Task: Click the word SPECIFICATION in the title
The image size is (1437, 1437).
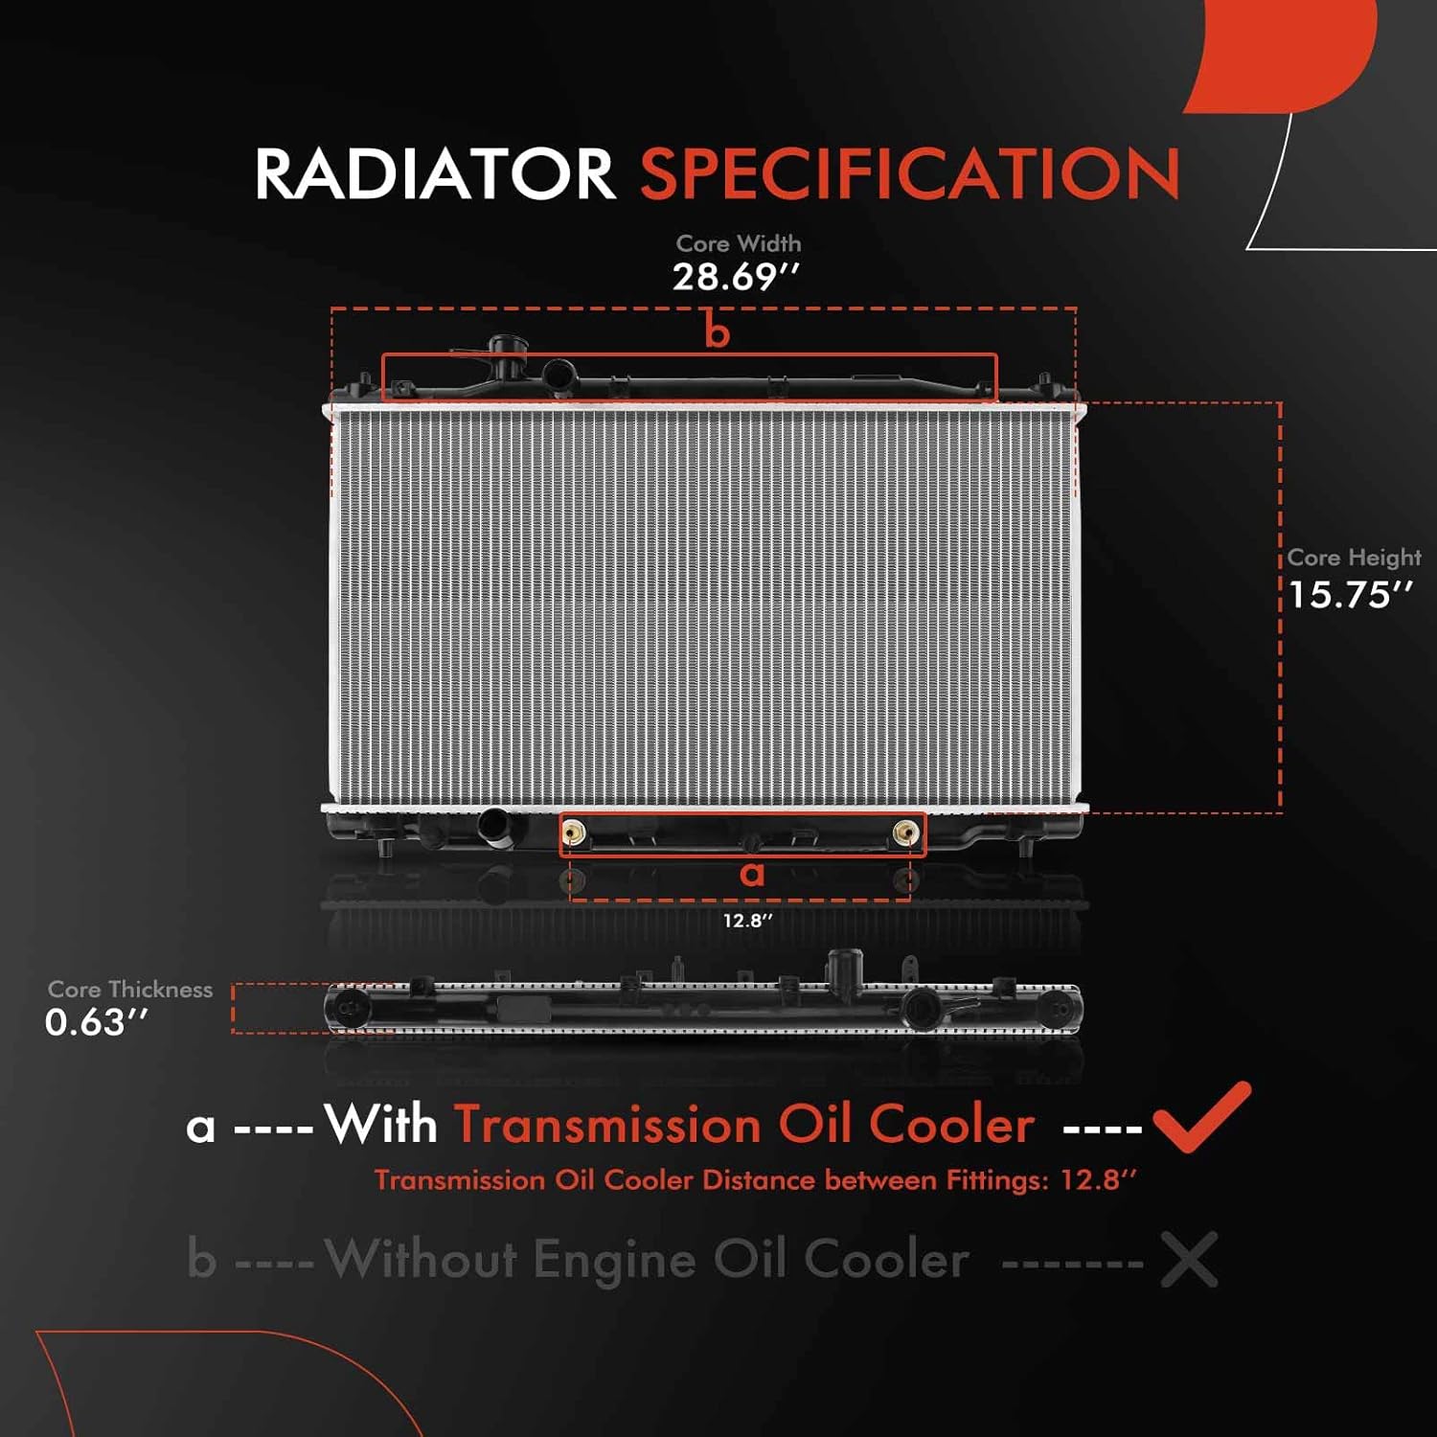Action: (909, 174)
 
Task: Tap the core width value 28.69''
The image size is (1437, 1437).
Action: (735, 278)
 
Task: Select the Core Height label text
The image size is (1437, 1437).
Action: (1353, 558)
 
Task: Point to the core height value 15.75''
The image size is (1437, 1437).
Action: (1350, 596)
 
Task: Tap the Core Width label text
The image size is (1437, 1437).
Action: (738, 244)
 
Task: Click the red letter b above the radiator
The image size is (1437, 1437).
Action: (717, 332)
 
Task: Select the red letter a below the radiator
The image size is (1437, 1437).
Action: (752, 873)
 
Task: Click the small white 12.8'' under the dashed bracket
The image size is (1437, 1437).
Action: (747, 921)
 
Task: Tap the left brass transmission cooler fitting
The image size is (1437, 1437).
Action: (574, 833)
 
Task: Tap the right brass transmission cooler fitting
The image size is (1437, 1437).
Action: (904, 833)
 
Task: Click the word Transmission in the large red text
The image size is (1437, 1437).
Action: (607, 1125)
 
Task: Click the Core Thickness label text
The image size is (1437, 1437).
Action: (130, 990)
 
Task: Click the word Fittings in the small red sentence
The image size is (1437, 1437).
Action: (995, 1180)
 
